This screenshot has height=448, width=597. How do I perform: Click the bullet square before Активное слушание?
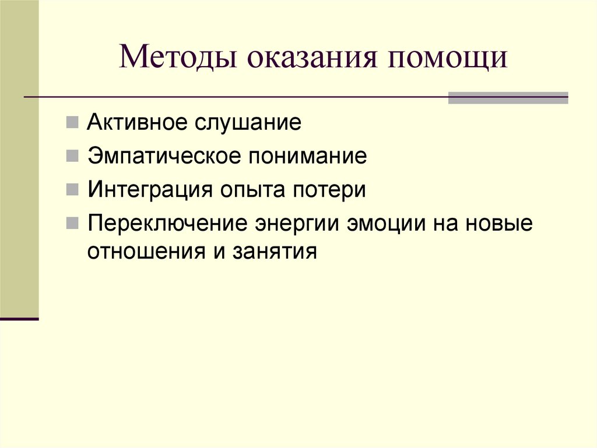click(x=72, y=124)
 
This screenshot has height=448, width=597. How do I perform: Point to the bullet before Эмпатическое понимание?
click(x=72, y=157)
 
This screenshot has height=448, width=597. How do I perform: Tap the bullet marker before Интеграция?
click(x=72, y=191)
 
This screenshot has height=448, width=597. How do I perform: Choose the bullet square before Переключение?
click(x=72, y=225)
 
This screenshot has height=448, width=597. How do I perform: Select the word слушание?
click(x=251, y=123)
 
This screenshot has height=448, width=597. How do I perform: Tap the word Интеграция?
click(x=149, y=190)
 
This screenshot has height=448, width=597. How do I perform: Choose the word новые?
click(x=503, y=224)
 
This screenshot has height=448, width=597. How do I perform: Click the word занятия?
click(x=276, y=252)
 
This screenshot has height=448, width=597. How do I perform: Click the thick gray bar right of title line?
click(x=507, y=98)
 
